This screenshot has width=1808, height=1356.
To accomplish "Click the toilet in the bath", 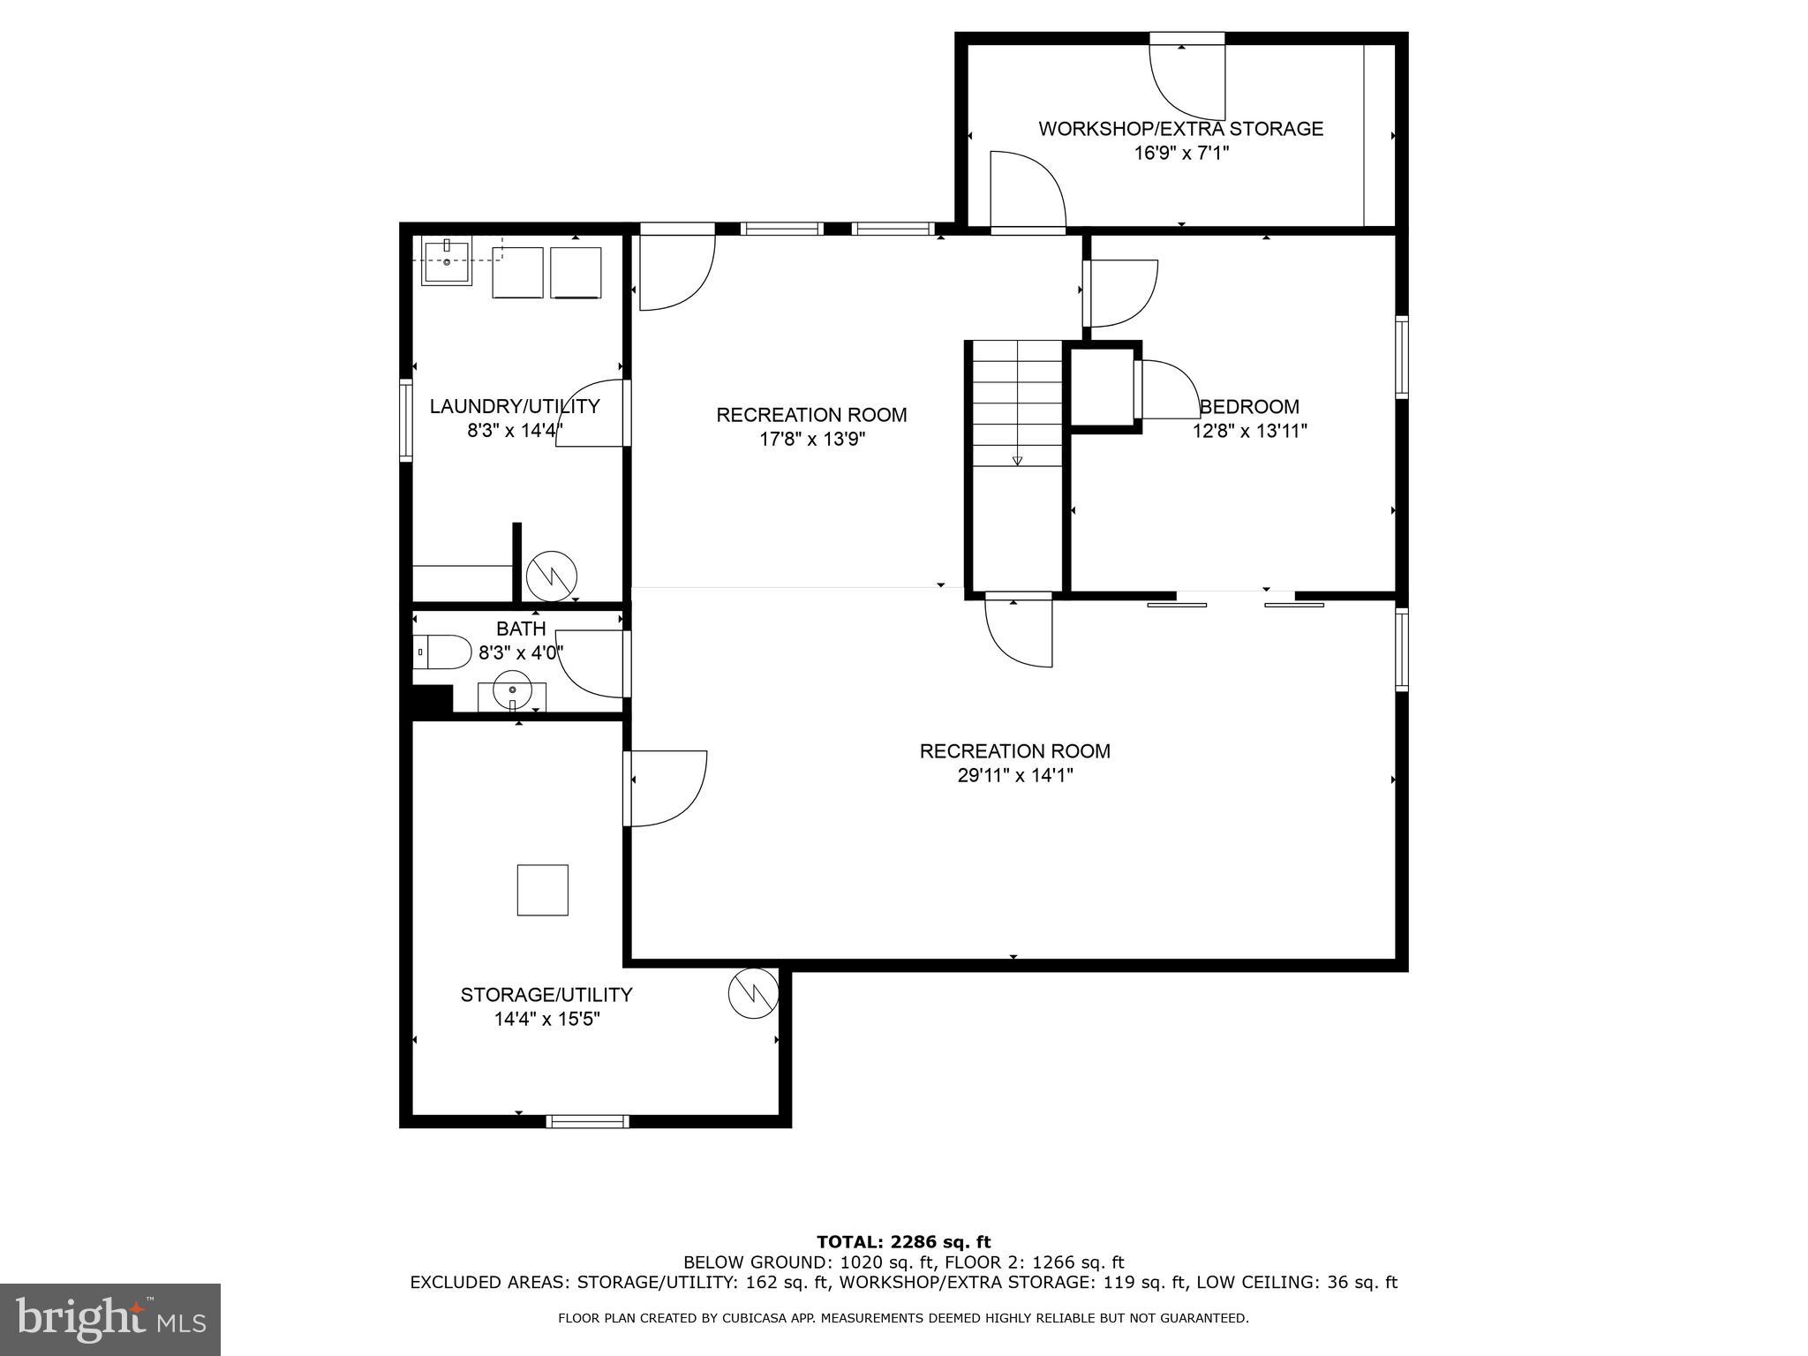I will click(x=444, y=652).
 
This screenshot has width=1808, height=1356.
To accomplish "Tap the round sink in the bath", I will click(x=512, y=689).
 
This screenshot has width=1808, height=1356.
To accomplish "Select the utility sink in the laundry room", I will click(x=447, y=260).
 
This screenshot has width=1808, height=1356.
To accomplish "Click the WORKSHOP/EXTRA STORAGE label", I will click(x=1180, y=129).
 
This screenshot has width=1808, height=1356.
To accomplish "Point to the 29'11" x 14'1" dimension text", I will click(x=1014, y=776).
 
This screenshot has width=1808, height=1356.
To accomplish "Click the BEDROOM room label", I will click(x=1249, y=407).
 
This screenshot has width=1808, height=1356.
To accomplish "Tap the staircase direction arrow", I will click(x=1017, y=460).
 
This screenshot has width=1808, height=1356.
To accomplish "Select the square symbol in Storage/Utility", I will click(x=542, y=890).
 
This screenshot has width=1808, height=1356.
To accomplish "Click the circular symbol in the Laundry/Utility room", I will click(x=552, y=576).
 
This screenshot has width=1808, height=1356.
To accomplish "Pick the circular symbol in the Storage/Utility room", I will click(x=753, y=993).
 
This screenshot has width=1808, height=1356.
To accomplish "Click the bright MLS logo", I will click(x=110, y=1319).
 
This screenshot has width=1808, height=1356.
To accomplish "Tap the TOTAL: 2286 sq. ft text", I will click(x=903, y=1243).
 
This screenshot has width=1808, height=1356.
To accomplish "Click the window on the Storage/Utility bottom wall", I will click(x=587, y=1121).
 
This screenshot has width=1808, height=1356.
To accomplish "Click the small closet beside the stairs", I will click(x=1102, y=388).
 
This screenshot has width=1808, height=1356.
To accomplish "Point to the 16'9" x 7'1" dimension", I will click(x=1181, y=154).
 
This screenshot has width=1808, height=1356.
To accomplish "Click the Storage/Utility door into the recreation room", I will click(x=664, y=788).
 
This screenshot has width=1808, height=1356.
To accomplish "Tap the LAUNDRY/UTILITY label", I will click(x=514, y=406).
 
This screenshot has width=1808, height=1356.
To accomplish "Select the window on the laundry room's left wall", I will click(x=406, y=420).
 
